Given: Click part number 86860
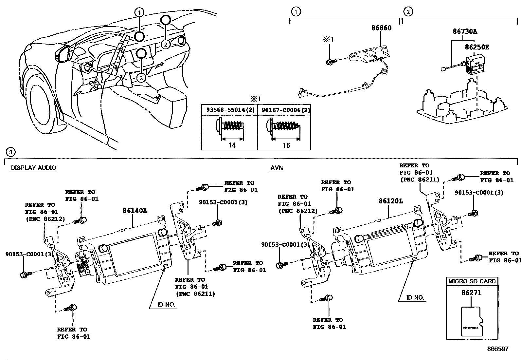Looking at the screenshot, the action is click(x=381, y=28).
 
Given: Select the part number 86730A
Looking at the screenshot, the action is click(x=465, y=31).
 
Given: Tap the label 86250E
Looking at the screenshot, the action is click(x=477, y=47).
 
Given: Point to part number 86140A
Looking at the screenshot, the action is click(x=135, y=211).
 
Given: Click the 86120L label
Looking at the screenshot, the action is click(x=390, y=201).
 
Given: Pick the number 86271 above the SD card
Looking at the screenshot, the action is click(x=471, y=293).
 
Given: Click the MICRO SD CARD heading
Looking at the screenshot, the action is click(x=472, y=281).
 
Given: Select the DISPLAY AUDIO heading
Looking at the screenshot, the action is click(x=33, y=168).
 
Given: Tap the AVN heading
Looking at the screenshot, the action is click(x=277, y=168).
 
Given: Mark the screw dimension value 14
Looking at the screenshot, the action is click(x=232, y=145).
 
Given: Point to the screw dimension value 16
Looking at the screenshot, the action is click(x=286, y=145).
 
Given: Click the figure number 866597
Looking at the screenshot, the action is click(x=498, y=349).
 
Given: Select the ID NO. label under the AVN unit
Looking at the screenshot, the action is click(x=415, y=297).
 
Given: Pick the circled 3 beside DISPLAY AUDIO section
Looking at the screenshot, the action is click(x=10, y=152).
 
